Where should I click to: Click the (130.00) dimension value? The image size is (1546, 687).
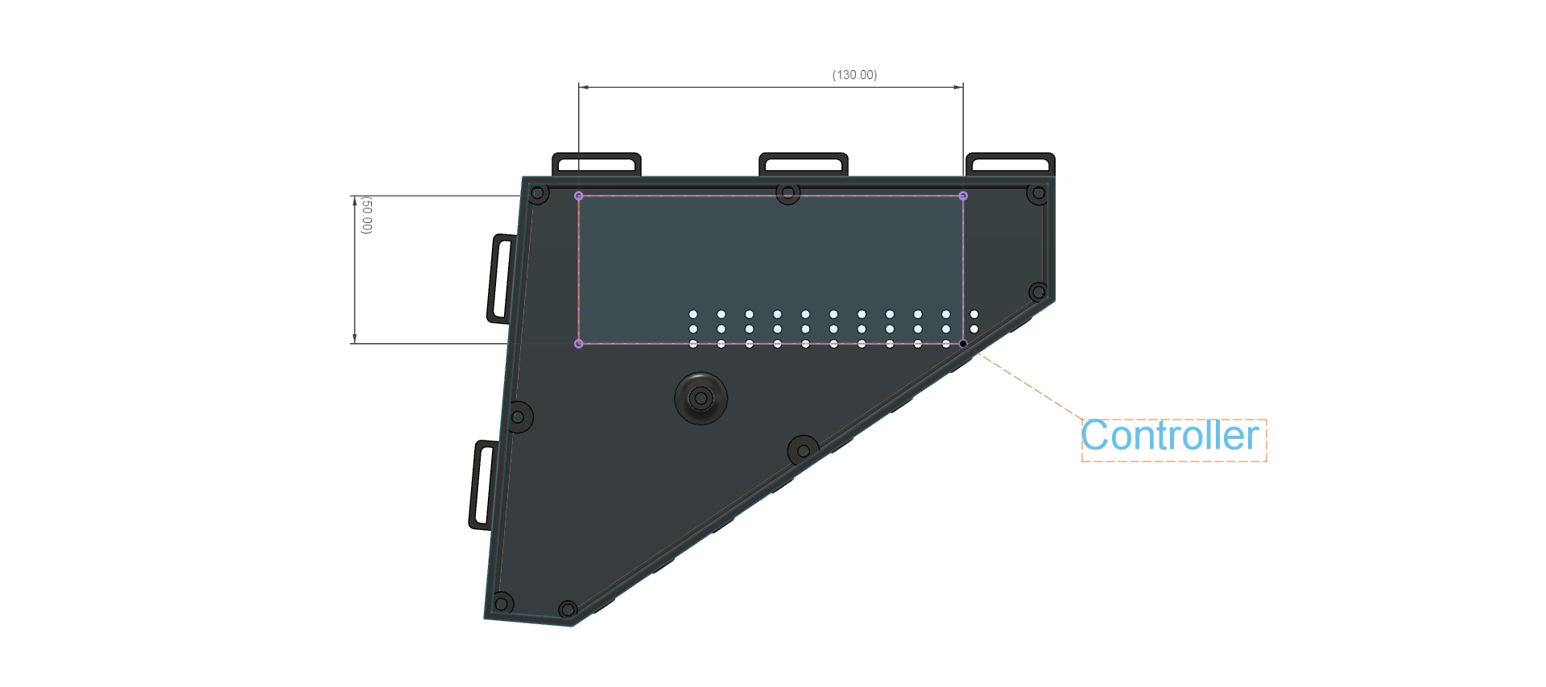pyautogui.click(x=854, y=75)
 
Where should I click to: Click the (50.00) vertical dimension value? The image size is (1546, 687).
pyautogui.click(x=366, y=215)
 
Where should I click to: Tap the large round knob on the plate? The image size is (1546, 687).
pyautogui.click(x=701, y=398)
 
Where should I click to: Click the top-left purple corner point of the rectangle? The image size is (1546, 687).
pyautogui.click(x=578, y=196)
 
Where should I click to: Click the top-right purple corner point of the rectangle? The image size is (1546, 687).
pyautogui.click(x=963, y=196)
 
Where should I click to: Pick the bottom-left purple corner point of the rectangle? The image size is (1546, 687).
pyautogui.click(x=578, y=344)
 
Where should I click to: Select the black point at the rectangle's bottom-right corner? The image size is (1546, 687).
pyautogui.click(x=963, y=344)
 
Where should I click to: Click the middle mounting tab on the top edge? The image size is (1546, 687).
pyautogui.click(x=803, y=163)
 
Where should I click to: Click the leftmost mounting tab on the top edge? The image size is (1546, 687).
pyautogui.click(x=596, y=163)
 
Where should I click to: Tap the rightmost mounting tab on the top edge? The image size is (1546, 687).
pyautogui.click(x=1010, y=163)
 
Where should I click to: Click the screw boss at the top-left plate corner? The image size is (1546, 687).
pyautogui.click(x=539, y=193)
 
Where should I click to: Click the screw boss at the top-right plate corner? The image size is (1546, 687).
pyautogui.click(x=1038, y=193)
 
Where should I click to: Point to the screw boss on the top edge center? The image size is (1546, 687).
pyautogui.click(x=787, y=193)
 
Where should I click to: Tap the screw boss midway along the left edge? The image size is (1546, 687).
pyautogui.click(x=519, y=417)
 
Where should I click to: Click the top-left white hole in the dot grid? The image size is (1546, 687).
pyautogui.click(x=693, y=314)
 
